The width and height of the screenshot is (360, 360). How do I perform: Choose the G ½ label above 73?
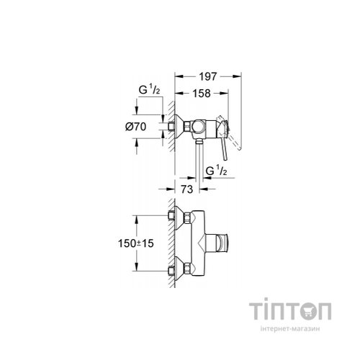[x=215, y=170]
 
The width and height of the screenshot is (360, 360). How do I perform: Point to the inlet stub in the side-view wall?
[x=171, y=127]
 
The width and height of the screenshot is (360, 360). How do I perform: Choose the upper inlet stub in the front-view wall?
[x=171, y=216]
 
